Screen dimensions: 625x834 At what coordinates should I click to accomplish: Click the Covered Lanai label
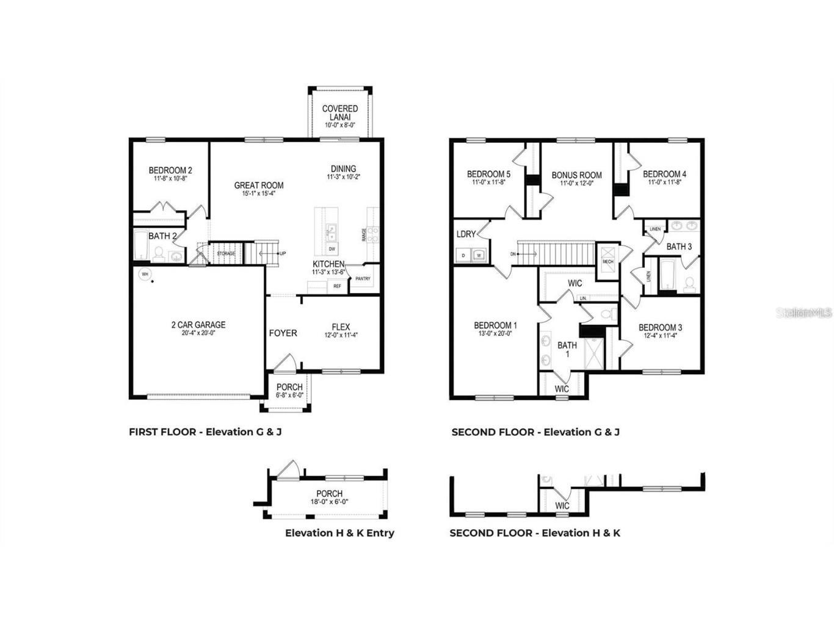(x=340, y=113)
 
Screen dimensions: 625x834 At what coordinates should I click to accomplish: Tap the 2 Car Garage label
(x=198, y=325)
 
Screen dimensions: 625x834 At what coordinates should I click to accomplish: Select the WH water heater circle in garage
(x=145, y=275)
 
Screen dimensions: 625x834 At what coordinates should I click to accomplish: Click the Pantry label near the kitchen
(x=363, y=279)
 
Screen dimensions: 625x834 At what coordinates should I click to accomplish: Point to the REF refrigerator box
(x=337, y=286)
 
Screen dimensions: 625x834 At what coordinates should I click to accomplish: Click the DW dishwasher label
(x=332, y=249)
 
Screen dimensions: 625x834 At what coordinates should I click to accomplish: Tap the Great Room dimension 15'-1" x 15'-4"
(x=259, y=193)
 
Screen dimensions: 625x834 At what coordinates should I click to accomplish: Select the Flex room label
(x=341, y=327)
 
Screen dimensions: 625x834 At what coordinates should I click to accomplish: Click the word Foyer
(x=283, y=333)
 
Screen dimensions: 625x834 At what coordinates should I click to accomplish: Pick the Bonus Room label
(x=576, y=175)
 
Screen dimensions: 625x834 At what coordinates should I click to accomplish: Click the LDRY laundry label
(x=466, y=234)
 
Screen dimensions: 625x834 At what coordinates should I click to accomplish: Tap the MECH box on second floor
(x=607, y=261)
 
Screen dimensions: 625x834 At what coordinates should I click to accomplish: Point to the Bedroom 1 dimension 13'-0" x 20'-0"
(x=495, y=334)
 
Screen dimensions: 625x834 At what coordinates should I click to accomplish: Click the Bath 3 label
(x=679, y=247)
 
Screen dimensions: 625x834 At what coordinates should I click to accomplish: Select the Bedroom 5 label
(x=488, y=174)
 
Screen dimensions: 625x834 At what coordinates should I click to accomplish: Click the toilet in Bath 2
(x=158, y=254)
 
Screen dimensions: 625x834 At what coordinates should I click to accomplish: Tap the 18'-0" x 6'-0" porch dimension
(x=329, y=502)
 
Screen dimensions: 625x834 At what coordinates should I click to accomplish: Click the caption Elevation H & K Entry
(x=339, y=533)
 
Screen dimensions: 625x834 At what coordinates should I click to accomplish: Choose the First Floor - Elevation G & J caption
(x=205, y=432)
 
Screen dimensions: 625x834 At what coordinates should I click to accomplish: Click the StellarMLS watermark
(x=803, y=312)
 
